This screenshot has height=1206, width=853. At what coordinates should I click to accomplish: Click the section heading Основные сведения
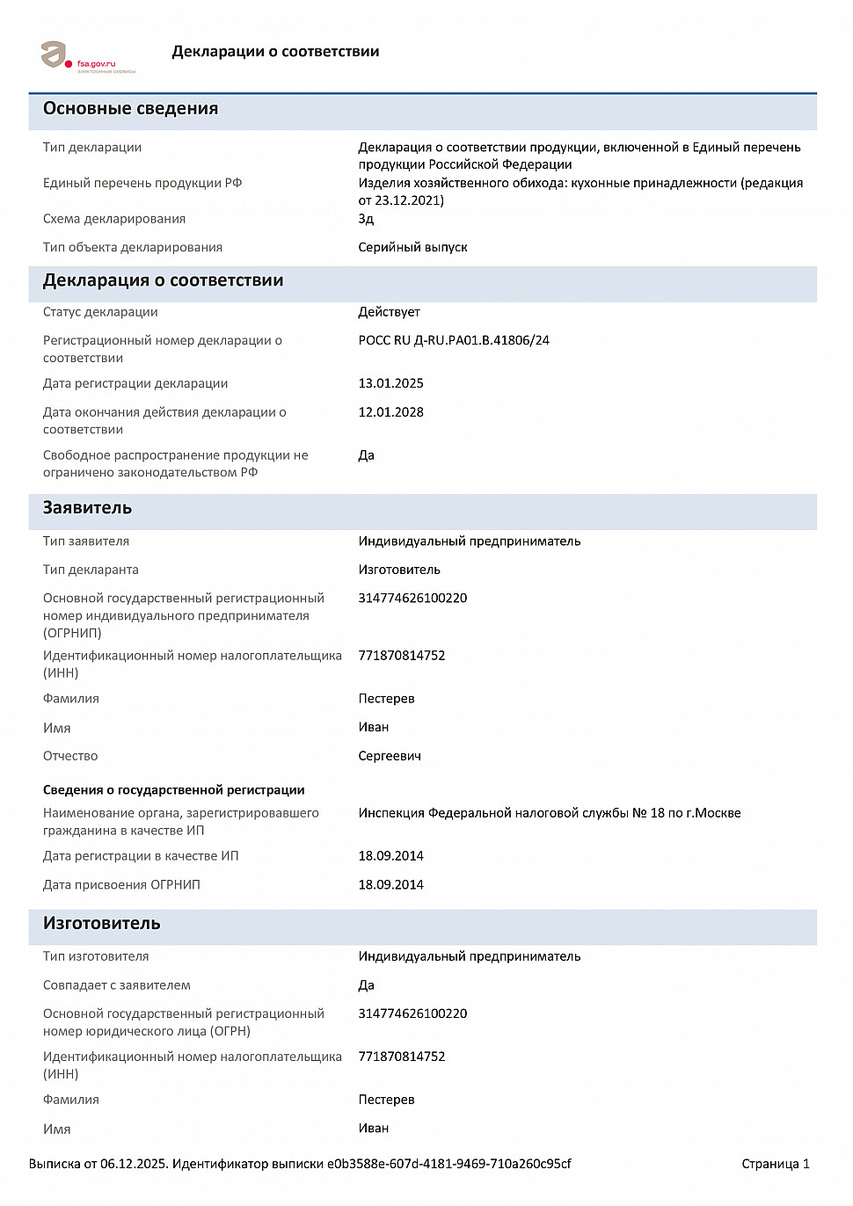130,109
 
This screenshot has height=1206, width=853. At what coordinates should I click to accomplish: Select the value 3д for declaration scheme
366,219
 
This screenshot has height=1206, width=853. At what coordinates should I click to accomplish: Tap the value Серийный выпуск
412,248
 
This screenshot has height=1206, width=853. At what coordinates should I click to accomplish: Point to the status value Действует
389,312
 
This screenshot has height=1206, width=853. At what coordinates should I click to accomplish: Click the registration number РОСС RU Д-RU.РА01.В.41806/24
454,340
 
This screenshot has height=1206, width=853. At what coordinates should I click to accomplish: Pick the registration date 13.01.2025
390,383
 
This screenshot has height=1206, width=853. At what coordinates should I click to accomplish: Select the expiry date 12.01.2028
390,412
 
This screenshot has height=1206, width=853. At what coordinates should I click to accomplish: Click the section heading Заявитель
87,508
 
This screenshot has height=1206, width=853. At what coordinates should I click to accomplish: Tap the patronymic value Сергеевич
390,756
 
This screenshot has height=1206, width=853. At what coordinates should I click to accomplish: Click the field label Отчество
70,756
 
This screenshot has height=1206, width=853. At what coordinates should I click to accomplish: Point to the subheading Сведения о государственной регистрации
174,790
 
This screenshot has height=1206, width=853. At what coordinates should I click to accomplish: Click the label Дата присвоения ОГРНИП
121,885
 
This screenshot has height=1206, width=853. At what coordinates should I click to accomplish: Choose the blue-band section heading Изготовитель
102,924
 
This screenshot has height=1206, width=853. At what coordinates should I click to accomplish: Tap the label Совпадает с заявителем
117,985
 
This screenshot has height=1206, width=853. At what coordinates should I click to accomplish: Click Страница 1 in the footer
775,1164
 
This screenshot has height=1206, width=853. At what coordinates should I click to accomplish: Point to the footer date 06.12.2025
133,1164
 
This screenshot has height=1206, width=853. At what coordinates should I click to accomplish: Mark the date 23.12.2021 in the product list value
407,200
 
